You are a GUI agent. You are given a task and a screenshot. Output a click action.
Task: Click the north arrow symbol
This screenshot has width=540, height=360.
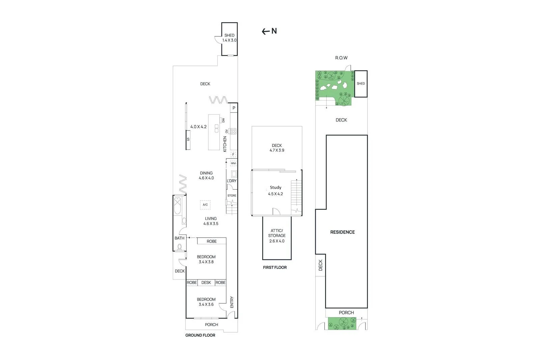(269, 31)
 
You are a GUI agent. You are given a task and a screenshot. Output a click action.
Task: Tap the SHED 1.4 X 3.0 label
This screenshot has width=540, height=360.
(230, 38)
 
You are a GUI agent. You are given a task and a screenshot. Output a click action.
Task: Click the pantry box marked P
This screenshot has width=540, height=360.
(234, 108)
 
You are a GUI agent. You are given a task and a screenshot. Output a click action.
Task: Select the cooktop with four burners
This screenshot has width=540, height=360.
(233, 131)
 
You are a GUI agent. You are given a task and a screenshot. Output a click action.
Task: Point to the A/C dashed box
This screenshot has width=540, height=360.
(205, 205)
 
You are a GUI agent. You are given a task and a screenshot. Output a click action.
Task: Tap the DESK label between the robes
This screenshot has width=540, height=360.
(206, 283)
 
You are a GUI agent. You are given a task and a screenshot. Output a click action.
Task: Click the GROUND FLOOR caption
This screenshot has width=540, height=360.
(200, 335)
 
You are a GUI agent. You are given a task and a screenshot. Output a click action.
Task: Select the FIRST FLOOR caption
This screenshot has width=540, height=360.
(275, 268)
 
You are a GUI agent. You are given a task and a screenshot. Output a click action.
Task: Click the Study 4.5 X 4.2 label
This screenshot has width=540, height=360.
(275, 191)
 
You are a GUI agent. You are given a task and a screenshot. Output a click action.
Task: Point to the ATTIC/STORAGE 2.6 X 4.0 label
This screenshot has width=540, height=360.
(277, 236)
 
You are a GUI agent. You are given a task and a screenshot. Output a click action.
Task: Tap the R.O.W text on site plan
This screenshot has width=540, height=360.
(341, 58)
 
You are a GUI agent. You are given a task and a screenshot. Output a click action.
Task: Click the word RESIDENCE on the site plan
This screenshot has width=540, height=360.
(342, 232)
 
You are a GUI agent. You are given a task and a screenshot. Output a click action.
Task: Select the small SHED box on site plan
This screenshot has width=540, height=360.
(361, 84)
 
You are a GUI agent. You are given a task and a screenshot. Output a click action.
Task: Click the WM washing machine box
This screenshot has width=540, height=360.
(233, 163)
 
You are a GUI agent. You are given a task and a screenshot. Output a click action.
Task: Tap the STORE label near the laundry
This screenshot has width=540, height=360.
(232, 196)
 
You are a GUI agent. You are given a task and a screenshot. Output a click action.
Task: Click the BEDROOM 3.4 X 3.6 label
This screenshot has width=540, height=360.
(206, 302)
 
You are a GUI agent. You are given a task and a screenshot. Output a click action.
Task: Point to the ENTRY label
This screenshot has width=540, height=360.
(232, 302)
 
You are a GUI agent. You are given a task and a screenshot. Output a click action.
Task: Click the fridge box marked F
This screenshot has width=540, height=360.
(233, 155)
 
